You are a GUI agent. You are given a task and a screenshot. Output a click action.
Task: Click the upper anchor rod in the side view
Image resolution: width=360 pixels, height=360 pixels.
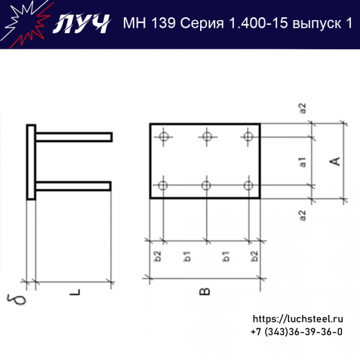[x=73, y=137]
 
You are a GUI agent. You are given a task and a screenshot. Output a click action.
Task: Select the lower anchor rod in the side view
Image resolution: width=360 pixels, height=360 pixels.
[x=73, y=186]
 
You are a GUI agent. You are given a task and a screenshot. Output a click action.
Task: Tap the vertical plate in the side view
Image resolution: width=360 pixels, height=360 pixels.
[x=31, y=162]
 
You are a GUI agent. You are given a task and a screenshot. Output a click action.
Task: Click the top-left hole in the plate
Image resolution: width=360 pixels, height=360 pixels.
[x=163, y=136]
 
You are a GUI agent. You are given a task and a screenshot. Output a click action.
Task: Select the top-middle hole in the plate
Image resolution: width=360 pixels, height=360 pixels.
[x=206, y=136]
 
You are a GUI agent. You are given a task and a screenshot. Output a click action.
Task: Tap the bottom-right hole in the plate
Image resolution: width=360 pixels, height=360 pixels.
[x=249, y=185]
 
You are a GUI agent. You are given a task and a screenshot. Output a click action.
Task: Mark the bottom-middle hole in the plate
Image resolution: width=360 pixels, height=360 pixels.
[x=206, y=185]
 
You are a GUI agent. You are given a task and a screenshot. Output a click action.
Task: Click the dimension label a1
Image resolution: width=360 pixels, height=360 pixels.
[x=303, y=163]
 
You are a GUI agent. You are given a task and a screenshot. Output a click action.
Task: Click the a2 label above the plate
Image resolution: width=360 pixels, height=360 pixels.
[x=303, y=108]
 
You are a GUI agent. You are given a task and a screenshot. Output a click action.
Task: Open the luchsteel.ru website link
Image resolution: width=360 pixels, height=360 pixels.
[x=298, y=319]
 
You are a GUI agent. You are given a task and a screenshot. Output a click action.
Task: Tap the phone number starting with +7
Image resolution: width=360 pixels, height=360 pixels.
[x=297, y=332]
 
